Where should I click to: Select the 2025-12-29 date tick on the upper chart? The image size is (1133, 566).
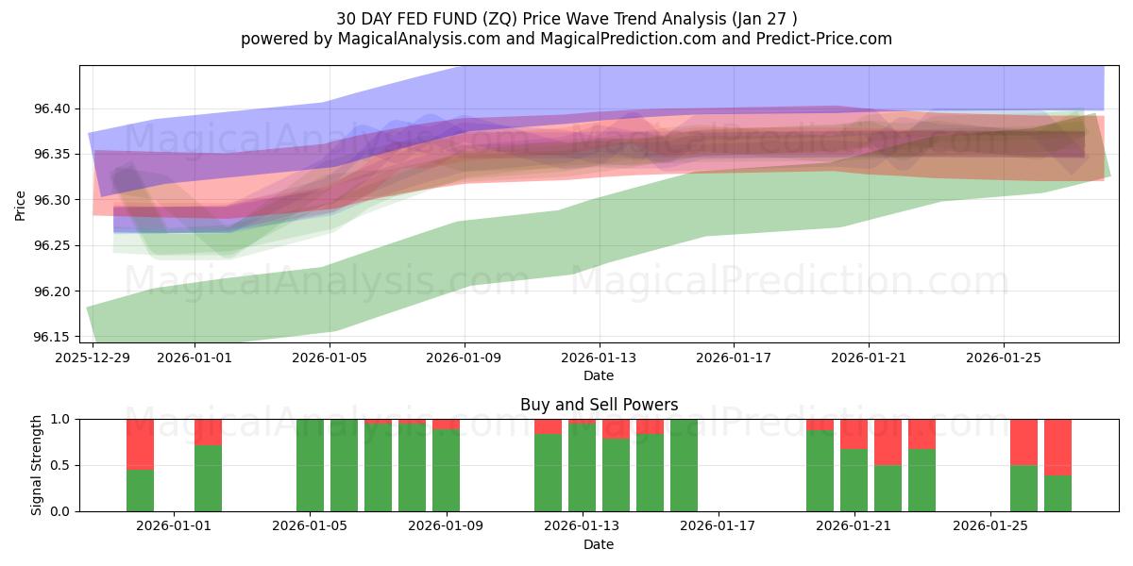click(x=93, y=358)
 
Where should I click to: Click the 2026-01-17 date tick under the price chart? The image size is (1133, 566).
click(x=734, y=358)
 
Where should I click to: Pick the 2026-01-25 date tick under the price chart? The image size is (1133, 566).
click(x=1003, y=358)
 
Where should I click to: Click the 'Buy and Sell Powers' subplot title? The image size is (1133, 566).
click(x=599, y=405)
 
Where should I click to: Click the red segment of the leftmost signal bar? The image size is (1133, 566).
click(x=140, y=443)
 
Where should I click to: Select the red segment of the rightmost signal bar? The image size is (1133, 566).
click(x=1057, y=446)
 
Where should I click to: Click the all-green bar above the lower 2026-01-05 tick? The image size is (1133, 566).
click(x=310, y=465)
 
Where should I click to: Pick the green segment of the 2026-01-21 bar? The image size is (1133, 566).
click(x=854, y=480)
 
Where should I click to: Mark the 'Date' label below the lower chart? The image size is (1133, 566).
click(x=599, y=544)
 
